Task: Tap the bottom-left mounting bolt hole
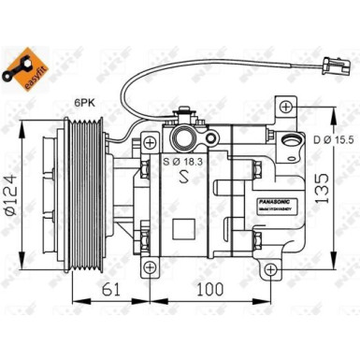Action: tap(147, 270)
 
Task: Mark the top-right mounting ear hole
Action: tap(282, 110)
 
